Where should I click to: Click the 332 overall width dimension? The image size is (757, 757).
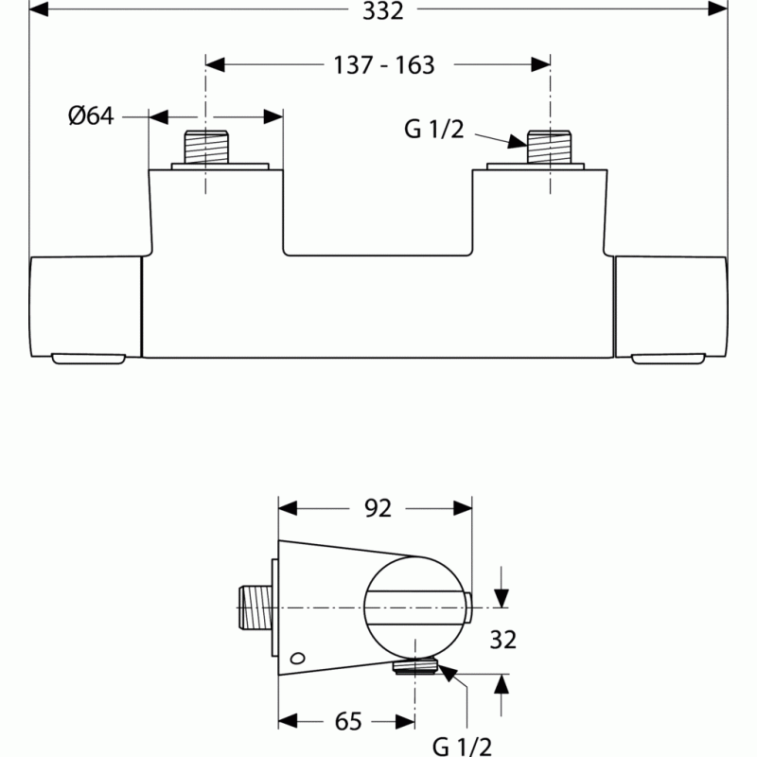pyautogui.click(x=383, y=10)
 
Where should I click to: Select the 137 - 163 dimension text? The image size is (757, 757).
pyautogui.click(x=384, y=65)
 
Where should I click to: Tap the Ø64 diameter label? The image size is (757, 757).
pyautogui.click(x=91, y=115)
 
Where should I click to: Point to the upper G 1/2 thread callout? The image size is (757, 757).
pyautogui.click(x=434, y=130)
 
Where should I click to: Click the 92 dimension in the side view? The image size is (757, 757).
pyautogui.click(x=378, y=508)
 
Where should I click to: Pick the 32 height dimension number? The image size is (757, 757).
pyautogui.click(x=503, y=640)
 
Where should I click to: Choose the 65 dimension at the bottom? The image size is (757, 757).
pyautogui.click(x=348, y=722)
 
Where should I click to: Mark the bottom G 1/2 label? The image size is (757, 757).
pyautogui.click(x=462, y=747)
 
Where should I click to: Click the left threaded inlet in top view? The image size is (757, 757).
pyautogui.click(x=206, y=147)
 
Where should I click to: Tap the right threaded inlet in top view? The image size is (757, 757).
pyautogui.click(x=550, y=147)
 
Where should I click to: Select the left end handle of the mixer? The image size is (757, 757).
pyautogui.click(x=85, y=309)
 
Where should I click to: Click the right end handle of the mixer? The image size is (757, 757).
pyautogui.click(x=671, y=309)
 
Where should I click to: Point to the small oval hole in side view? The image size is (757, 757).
pyautogui.click(x=297, y=658)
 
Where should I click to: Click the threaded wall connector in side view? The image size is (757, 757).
pyautogui.click(x=255, y=607)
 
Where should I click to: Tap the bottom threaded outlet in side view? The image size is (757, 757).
pyautogui.click(x=415, y=668)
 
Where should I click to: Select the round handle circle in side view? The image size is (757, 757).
pyautogui.click(x=415, y=607)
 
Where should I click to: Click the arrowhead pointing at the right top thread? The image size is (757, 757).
pyautogui.click(x=518, y=141)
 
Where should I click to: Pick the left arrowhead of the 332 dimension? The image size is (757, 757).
pyautogui.click(x=39, y=9)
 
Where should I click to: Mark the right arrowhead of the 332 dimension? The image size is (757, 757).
pyautogui.click(x=718, y=9)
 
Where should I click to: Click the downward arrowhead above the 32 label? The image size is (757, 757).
pyautogui.click(x=502, y=598)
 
